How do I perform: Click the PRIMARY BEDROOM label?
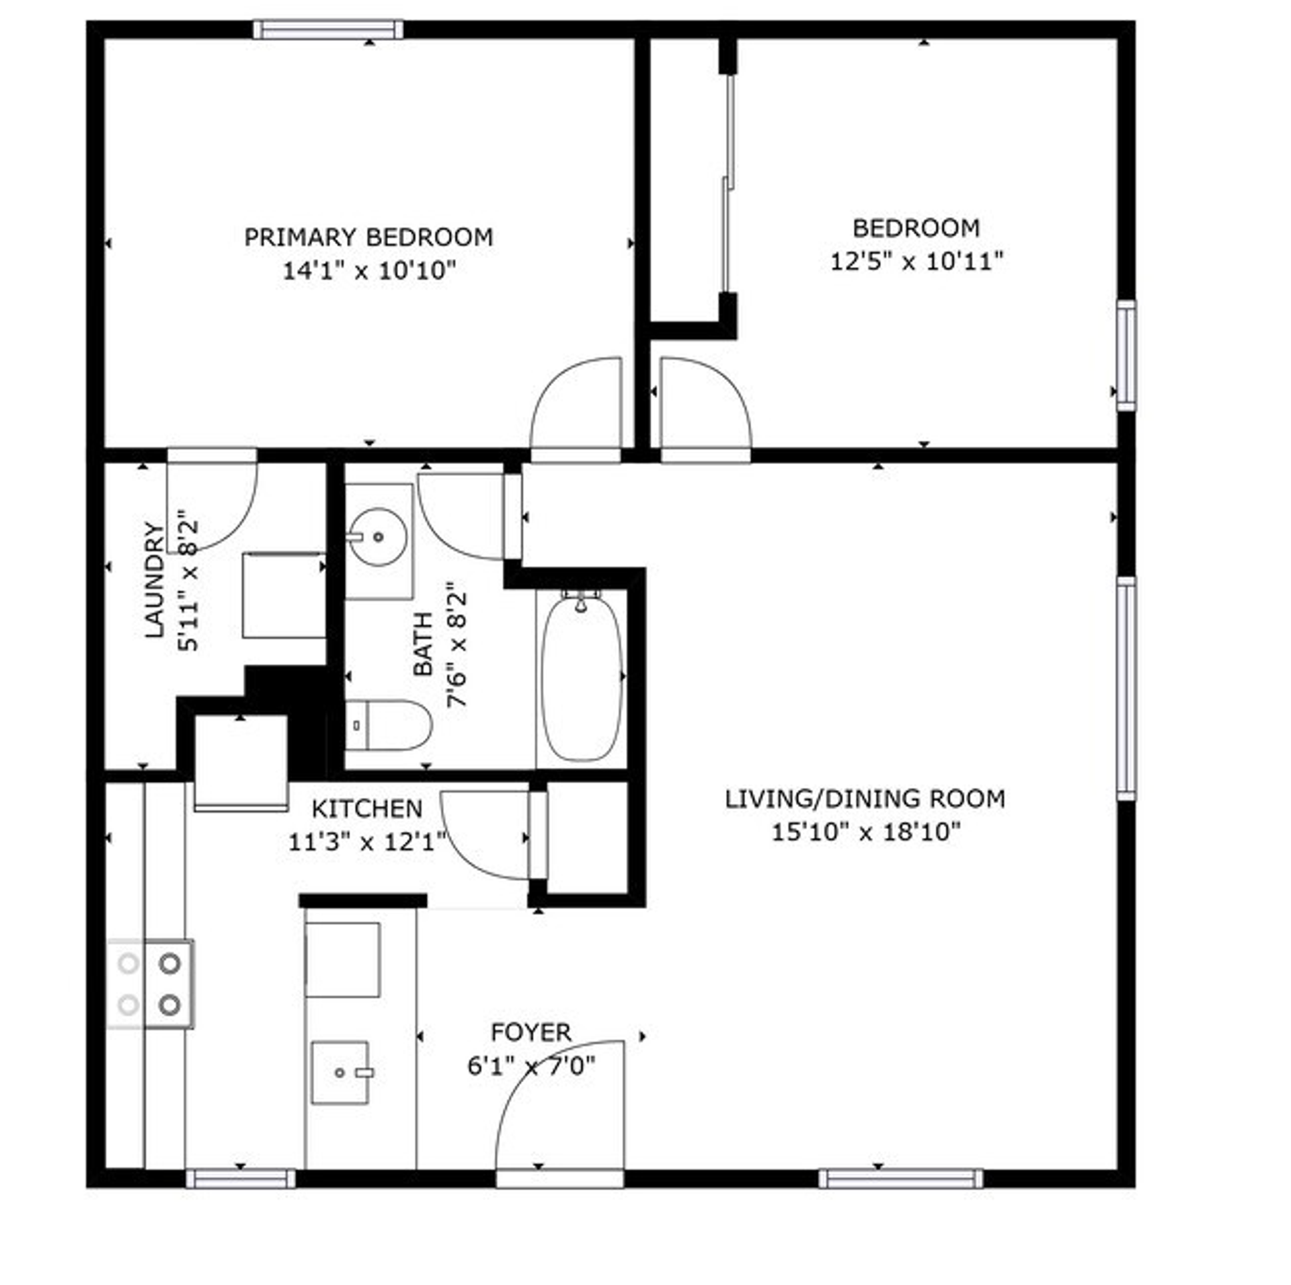click(368, 237)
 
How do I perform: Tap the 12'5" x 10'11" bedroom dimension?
click(916, 261)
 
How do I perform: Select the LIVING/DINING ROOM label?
click(865, 799)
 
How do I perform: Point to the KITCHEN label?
click(367, 808)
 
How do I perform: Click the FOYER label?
click(531, 1032)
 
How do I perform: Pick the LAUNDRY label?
click(155, 580)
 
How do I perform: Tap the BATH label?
click(423, 644)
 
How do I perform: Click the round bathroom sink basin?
click(378, 537)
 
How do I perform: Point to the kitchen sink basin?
click(340, 1073)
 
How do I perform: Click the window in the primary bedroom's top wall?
click(328, 30)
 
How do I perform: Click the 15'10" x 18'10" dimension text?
click(865, 832)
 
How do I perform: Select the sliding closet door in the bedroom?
click(728, 182)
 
